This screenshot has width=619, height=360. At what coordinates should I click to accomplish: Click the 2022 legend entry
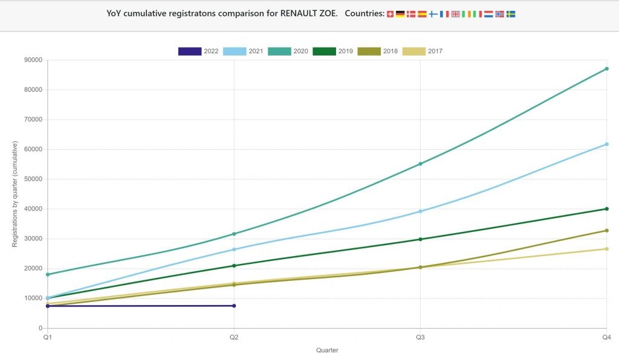click(x=199, y=51)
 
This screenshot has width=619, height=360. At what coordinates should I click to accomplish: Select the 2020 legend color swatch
click(x=279, y=51)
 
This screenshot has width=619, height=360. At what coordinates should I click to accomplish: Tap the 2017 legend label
click(x=435, y=51)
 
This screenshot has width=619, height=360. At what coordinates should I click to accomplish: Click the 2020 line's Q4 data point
click(x=606, y=69)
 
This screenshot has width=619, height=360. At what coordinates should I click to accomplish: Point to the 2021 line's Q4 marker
click(x=606, y=144)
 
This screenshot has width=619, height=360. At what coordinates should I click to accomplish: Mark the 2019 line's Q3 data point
click(x=420, y=239)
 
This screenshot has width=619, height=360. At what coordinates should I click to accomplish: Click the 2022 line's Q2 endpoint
click(x=234, y=306)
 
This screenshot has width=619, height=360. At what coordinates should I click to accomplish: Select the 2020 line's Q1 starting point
click(x=48, y=274)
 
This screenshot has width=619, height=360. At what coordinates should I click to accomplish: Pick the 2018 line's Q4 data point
click(x=606, y=230)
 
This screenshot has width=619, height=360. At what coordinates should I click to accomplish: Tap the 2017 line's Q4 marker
click(x=606, y=249)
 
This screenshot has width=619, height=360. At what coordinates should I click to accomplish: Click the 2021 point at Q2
click(x=234, y=249)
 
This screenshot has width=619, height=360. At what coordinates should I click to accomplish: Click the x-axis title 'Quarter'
click(x=327, y=350)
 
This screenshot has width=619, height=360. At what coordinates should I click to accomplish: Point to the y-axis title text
click(x=15, y=194)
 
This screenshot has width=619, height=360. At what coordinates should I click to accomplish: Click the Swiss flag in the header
click(x=390, y=14)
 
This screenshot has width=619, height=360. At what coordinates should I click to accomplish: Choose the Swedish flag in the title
click(x=511, y=14)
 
